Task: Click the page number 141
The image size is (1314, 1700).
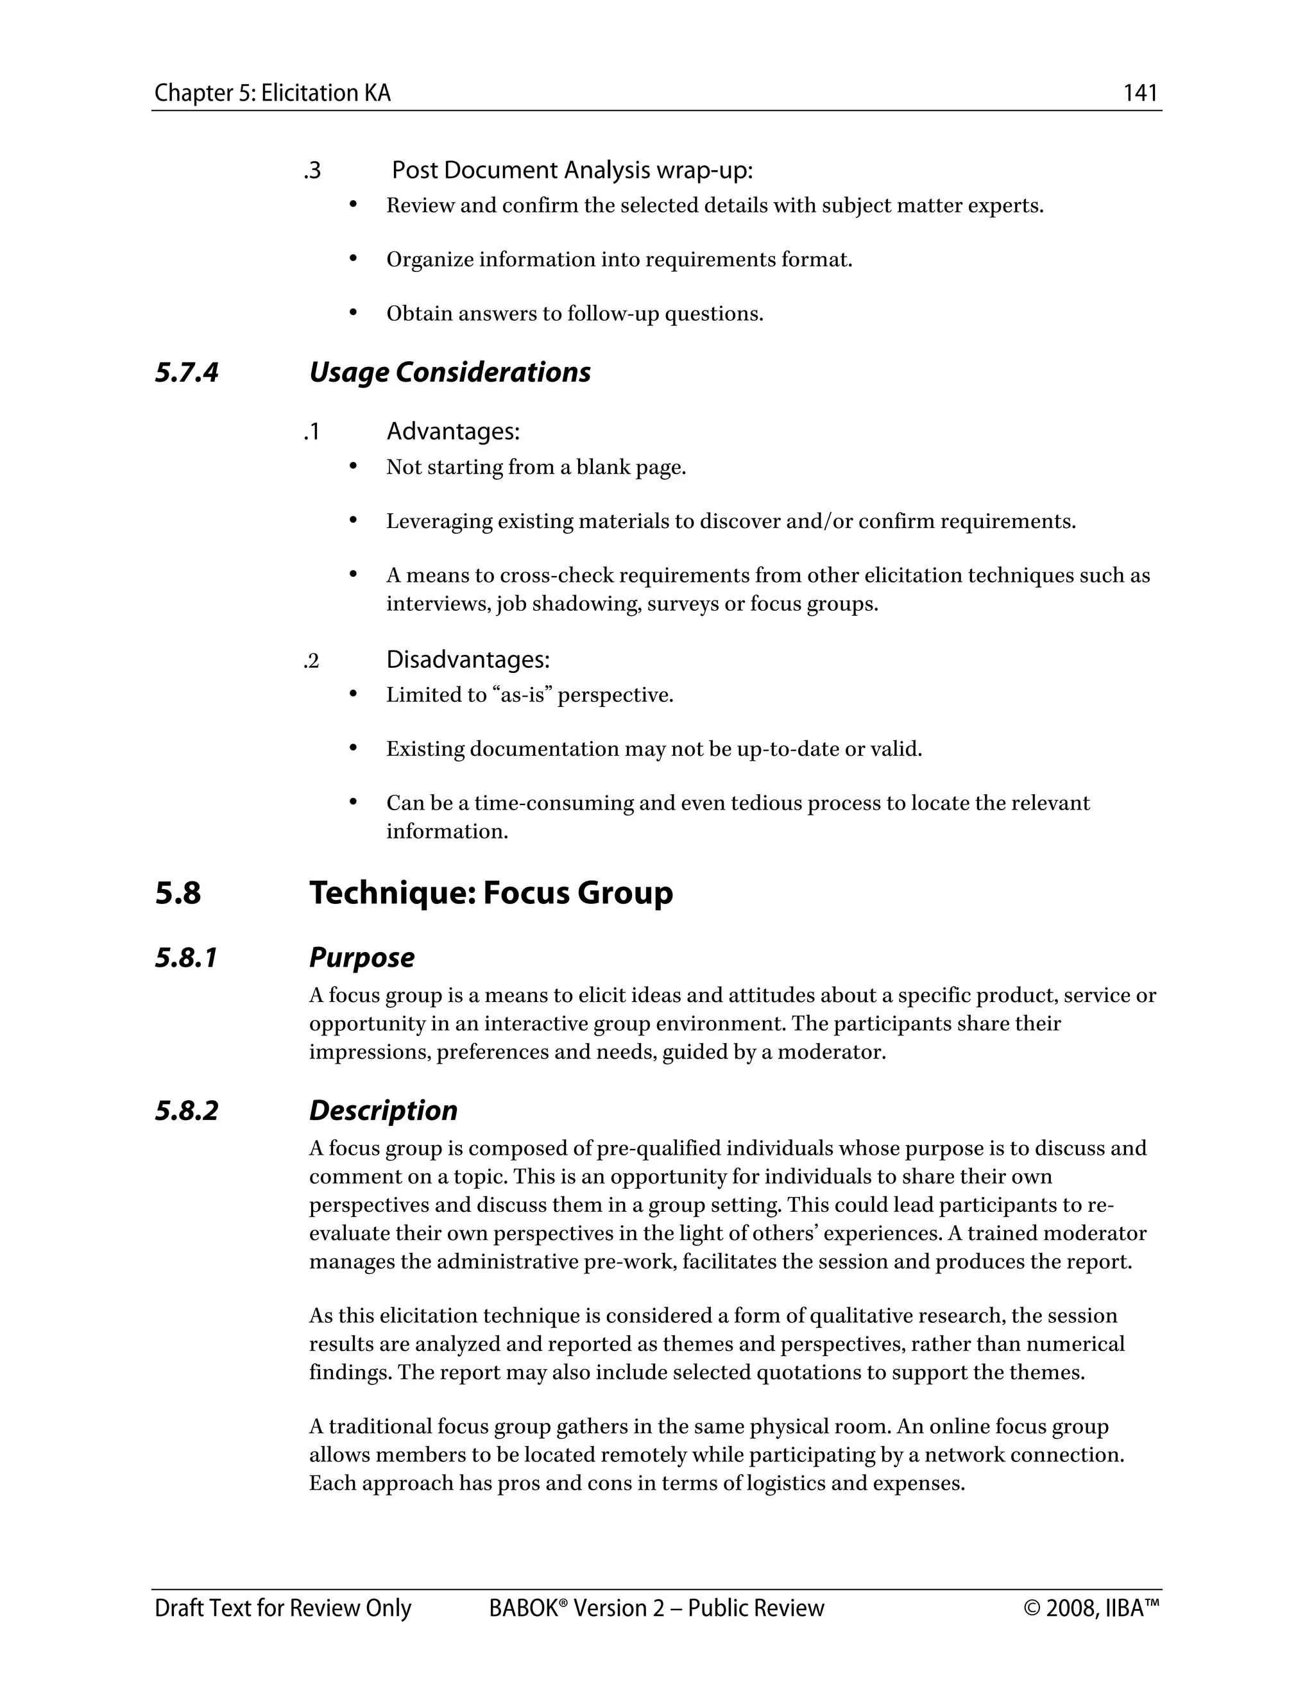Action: coord(1140,94)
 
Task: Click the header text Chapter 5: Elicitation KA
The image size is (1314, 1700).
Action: coord(273,94)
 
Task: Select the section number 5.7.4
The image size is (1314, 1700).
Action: coord(187,372)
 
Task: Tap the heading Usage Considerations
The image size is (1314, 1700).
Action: coord(449,372)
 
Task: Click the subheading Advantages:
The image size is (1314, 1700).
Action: coord(453,430)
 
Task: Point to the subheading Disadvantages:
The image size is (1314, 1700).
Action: coord(468,659)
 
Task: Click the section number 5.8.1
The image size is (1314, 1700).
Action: coord(187,957)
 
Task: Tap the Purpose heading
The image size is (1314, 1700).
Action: coord(361,957)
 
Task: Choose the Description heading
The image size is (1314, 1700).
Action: coord(383,1110)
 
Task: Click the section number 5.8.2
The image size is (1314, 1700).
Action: coord(187,1110)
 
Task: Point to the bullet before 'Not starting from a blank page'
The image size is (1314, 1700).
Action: coord(353,466)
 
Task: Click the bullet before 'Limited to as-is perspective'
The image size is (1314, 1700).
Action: coord(353,693)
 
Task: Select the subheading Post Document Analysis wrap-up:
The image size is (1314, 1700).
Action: coord(572,170)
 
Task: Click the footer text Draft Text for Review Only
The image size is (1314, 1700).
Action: coord(282,1608)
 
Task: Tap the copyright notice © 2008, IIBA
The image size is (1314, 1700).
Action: coord(1091,1608)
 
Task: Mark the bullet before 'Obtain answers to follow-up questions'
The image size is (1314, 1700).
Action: coord(353,312)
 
